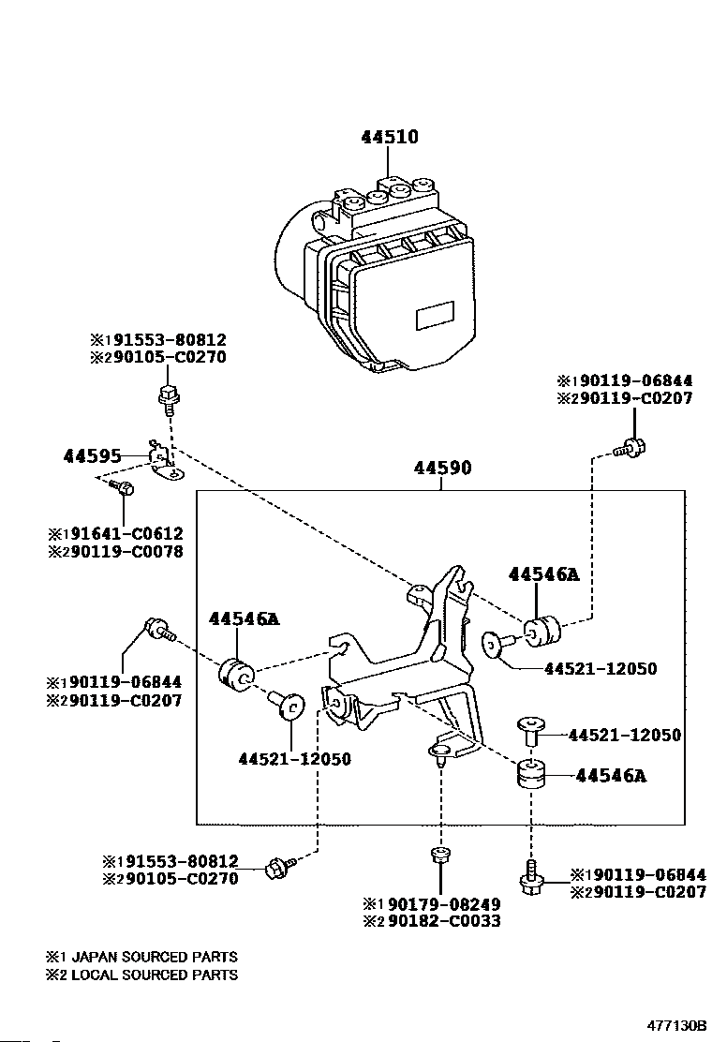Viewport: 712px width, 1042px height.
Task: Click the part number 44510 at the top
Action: pyautogui.click(x=390, y=137)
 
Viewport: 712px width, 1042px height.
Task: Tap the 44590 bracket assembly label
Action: pyautogui.click(x=442, y=468)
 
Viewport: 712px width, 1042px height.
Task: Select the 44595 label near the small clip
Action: pyautogui.click(x=93, y=455)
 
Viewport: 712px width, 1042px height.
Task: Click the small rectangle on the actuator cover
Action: pyautogui.click(x=435, y=316)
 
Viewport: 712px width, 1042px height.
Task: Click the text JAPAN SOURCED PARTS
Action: pyautogui.click(x=154, y=957)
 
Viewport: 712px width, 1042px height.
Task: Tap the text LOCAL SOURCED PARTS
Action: pyautogui.click(x=154, y=975)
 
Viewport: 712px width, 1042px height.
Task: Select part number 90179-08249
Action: pyautogui.click(x=444, y=904)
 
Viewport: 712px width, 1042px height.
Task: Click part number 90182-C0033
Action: pyautogui.click(x=444, y=921)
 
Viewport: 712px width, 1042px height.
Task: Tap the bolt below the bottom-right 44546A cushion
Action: pyautogui.click(x=530, y=878)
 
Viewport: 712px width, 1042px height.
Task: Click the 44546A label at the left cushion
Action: pyautogui.click(x=245, y=619)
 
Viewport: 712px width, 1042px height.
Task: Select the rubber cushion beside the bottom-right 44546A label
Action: pyautogui.click(x=531, y=774)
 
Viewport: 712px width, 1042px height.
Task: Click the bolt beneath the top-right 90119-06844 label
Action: pyautogui.click(x=631, y=447)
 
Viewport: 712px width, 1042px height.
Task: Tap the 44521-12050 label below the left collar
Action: pyautogui.click(x=295, y=759)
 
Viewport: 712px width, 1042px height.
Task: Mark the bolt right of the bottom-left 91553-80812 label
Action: pyautogui.click(x=279, y=867)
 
